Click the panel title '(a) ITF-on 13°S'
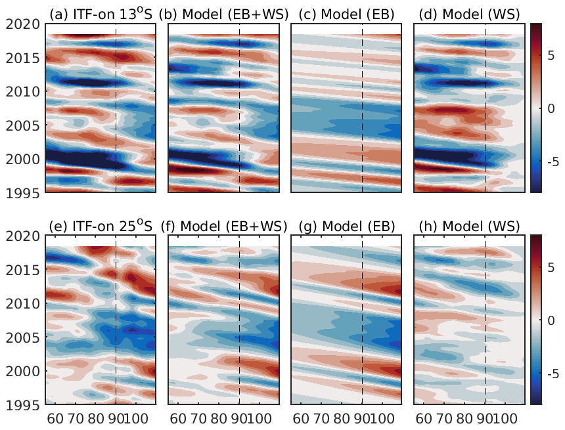pos(100,15)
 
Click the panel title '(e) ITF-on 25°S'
pos(100,226)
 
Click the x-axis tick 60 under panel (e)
pos(56,418)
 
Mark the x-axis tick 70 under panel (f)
pos(198,418)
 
